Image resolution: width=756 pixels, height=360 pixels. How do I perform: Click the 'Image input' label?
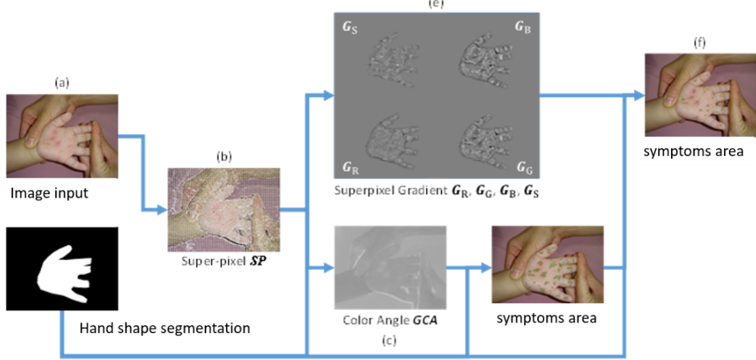click(49, 193)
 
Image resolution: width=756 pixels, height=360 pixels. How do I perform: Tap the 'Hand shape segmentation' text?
click(165, 328)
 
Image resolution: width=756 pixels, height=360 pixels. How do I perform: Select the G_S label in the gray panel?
click(350, 27)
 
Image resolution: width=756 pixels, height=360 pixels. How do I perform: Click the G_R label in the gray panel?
click(349, 168)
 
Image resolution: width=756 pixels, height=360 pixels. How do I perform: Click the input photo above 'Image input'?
click(62, 135)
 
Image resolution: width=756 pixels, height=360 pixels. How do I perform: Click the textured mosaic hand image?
click(224, 210)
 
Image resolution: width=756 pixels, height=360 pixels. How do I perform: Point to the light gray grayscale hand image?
click(390, 267)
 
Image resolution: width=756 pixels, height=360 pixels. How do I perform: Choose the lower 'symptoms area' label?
click(546, 317)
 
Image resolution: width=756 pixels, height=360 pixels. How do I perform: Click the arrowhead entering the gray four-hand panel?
click(327, 96)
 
